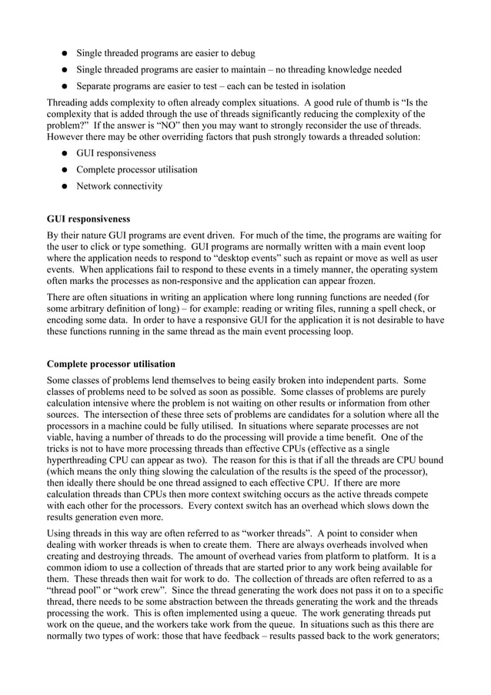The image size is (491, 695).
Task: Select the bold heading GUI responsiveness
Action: (x=89, y=219)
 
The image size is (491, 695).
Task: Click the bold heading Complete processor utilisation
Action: (x=111, y=363)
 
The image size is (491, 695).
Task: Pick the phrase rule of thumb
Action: (x=359, y=102)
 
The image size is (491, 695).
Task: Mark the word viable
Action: (x=62, y=437)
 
